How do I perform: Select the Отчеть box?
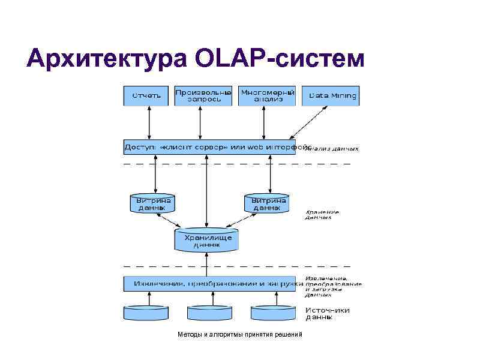(146, 96)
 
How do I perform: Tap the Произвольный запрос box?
(203, 96)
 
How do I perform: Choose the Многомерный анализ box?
(267, 96)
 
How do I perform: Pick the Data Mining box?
(331, 96)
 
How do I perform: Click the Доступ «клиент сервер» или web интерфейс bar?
(209, 147)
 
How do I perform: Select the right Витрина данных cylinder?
(266, 203)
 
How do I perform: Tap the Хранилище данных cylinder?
(206, 240)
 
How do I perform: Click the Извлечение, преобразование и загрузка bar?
(209, 283)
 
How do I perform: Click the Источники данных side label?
(328, 313)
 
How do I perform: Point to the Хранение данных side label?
(322, 214)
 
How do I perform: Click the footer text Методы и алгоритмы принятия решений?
(241, 334)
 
